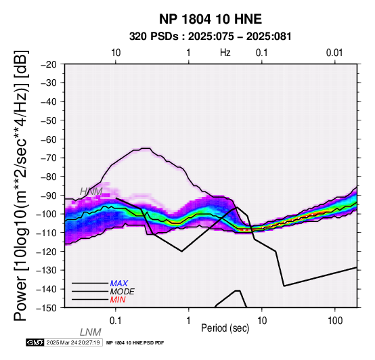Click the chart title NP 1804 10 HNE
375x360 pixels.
(x=211, y=19)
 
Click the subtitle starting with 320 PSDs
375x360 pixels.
(x=211, y=37)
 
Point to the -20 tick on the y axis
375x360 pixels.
(x=49, y=64)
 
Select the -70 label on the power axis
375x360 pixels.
(x=49, y=158)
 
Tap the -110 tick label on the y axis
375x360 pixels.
(x=47, y=233)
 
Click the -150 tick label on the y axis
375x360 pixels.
(x=47, y=308)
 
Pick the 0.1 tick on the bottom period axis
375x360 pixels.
(x=116, y=321)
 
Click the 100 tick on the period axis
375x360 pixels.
(x=335, y=321)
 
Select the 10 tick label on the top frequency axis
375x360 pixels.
(x=116, y=53)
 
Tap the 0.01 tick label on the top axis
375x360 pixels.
(x=334, y=53)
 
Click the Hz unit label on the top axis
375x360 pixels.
(x=225, y=53)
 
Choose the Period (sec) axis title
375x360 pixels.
(x=225, y=328)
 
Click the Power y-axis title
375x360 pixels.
(x=21, y=185)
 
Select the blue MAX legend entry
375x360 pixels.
(x=119, y=284)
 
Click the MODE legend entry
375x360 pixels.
(x=123, y=292)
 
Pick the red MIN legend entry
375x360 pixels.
(x=118, y=300)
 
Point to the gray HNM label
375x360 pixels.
(x=91, y=192)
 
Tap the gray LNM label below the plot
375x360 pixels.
(x=91, y=332)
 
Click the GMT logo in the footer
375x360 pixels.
(x=35, y=342)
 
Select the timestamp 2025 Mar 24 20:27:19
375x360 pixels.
(x=73, y=342)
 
